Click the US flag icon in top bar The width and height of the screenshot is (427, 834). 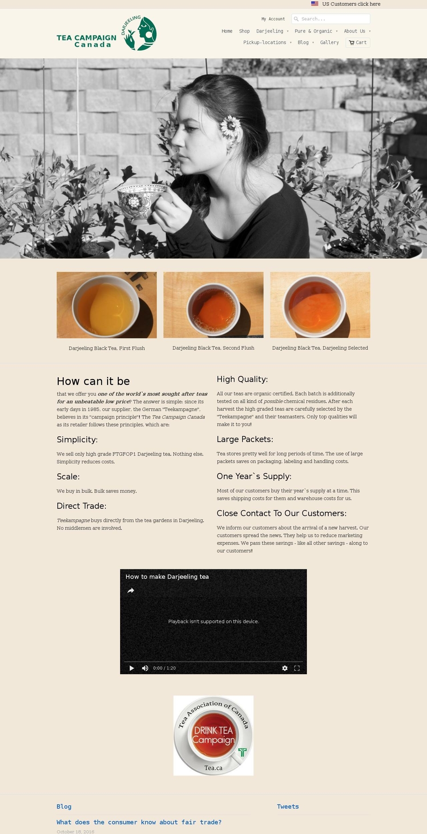(x=314, y=4)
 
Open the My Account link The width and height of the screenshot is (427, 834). (x=273, y=19)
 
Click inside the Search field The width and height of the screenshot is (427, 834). (x=334, y=19)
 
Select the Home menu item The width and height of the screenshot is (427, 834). (x=227, y=31)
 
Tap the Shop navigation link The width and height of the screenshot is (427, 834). (x=244, y=31)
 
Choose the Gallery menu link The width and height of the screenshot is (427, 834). (x=329, y=43)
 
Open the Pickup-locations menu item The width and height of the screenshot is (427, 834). (x=265, y=43)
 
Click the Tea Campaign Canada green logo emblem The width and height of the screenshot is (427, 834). (x=139, y=33)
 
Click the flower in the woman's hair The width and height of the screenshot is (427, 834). (x=230, y=126)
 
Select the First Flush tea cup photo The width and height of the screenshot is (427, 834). (x=107, y=305)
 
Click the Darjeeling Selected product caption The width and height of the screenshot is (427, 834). (x=320, y=348)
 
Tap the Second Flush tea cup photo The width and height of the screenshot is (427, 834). (x=213, y=305)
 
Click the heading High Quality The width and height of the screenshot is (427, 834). (x=242, y=379)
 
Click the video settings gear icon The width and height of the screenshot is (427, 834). (x=285, y=668)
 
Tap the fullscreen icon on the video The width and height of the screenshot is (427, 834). (x=297, y=668)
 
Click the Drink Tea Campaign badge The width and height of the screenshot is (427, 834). (x=213, y=736)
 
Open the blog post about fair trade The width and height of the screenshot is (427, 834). (x=139, y=822)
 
